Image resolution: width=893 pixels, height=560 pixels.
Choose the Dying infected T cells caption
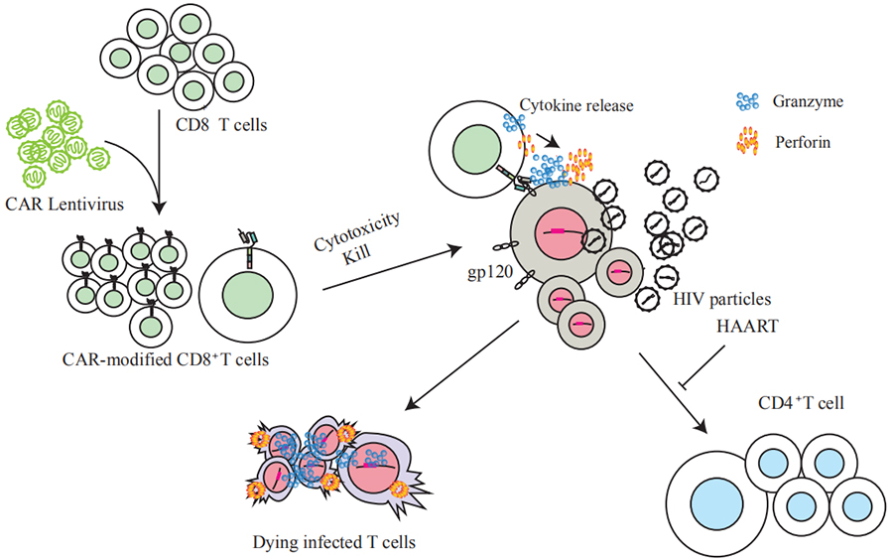click(x=332, y=542)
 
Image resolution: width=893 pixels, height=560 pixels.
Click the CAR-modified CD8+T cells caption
click(x=167, y=358)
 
